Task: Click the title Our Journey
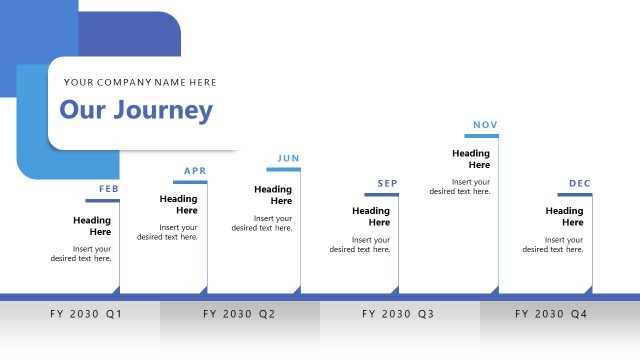click(x=136, y=110)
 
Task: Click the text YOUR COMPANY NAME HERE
click(x=140, y=82)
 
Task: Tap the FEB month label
click(x=109, y=189)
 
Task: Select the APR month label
click(x=195, y=171)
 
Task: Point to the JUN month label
click(x=288, y=158)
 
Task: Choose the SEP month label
click(x=387, y=183)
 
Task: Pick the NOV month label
click(x=485, y=125)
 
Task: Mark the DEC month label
click(x=580, y=183)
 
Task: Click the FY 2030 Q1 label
click(x=86, y=314)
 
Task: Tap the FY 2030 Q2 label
click(x=239, y=314)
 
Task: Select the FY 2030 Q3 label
click(x=398, y=314)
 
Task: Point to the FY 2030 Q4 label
click(x=551, y=314)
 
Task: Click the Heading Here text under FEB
click(x=92, y=226)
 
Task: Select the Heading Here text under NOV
click(x=471, y=159)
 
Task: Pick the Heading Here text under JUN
click(x=273, y=195)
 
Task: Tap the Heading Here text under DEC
click(x=564, y=217)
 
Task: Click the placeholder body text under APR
click(x=168, y=232)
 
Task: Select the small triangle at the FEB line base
click(x=117, y=290)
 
